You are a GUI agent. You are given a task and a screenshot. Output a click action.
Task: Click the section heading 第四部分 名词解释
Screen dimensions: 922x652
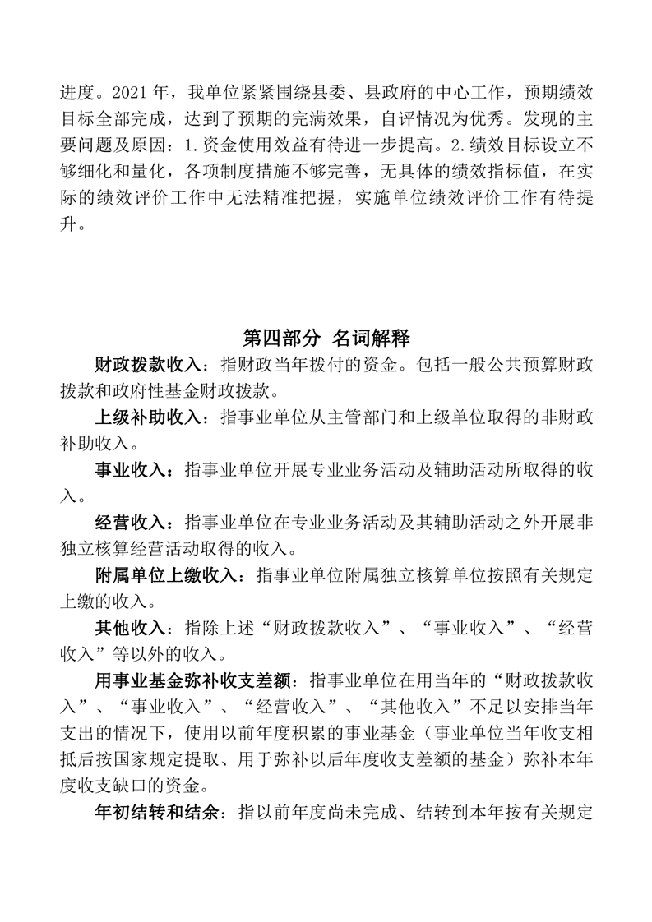click(326, 338)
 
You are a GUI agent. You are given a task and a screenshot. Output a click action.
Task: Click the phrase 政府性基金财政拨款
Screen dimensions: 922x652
click(197, 389)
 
